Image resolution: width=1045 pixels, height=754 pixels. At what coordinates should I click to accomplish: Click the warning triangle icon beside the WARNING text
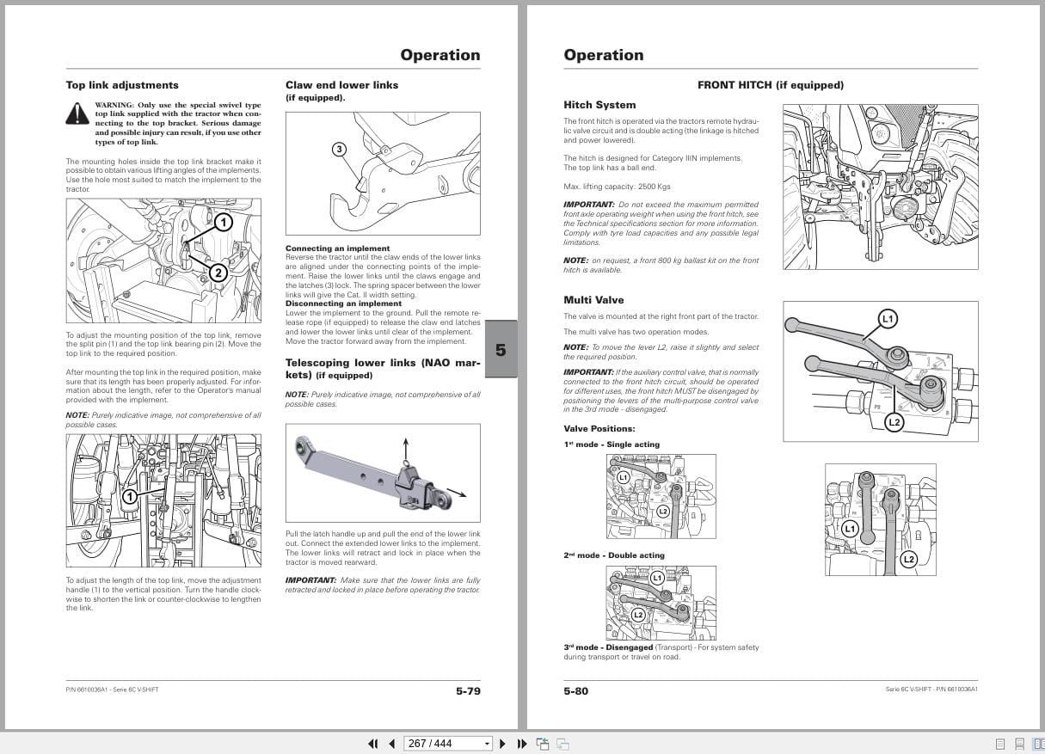point(77,113)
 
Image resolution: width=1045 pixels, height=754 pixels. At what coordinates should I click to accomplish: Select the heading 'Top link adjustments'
point(122,85)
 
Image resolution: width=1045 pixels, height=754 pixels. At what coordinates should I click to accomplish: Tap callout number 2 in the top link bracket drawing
point(218,273)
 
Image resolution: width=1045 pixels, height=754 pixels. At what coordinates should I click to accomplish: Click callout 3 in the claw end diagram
point(339,150)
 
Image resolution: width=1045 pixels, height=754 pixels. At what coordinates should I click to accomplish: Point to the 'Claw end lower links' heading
point(341,85)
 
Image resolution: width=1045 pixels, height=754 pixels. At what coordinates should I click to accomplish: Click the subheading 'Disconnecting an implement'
point(343,303)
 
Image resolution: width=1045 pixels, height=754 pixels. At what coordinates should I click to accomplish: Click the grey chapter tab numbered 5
point(501,349)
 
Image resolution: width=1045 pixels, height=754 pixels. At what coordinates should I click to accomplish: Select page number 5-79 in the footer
point(468,691)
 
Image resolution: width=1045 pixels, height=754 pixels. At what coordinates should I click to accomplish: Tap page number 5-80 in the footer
point(576,691)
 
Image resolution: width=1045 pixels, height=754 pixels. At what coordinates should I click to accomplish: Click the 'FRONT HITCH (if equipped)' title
point(770,85)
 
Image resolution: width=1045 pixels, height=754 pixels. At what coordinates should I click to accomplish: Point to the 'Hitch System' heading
point(599,105)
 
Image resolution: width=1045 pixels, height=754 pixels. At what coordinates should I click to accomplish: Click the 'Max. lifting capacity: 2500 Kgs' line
point(617,187)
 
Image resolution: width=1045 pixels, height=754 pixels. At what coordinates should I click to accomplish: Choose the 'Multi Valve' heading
point(593,300)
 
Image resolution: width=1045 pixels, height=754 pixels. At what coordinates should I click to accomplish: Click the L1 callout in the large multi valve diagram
point(888,319)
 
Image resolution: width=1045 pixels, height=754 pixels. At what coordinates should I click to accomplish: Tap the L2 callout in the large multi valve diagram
point(894,422)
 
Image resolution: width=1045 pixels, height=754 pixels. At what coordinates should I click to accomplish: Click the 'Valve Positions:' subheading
point(599,429)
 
